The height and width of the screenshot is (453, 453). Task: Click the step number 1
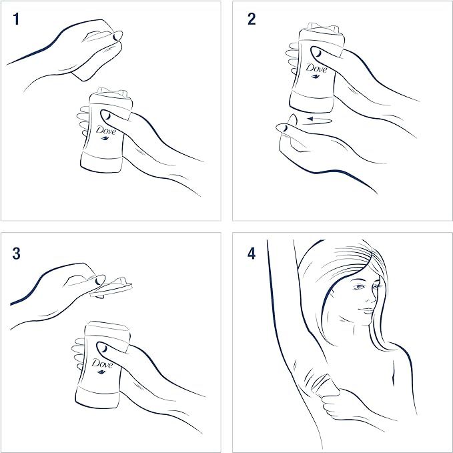[16, 19]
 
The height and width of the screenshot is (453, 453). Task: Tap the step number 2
[252, 19]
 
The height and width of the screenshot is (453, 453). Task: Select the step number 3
[17, 254]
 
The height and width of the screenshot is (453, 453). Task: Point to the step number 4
[252, 254]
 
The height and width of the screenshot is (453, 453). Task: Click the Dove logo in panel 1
[106, 130]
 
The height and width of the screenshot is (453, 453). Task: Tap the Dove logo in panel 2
[316, 68]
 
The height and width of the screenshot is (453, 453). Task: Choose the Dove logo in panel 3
[102, 364]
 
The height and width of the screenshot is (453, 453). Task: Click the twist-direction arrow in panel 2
[320, 119]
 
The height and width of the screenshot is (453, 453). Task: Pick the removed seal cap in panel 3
[111, 288]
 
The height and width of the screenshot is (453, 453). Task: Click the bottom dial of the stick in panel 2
[312, 102]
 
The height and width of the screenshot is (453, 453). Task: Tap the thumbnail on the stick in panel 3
[103, 348]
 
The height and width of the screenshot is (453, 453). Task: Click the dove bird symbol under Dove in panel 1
[105, 138]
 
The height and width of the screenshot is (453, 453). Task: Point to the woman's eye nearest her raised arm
[359, 287]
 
